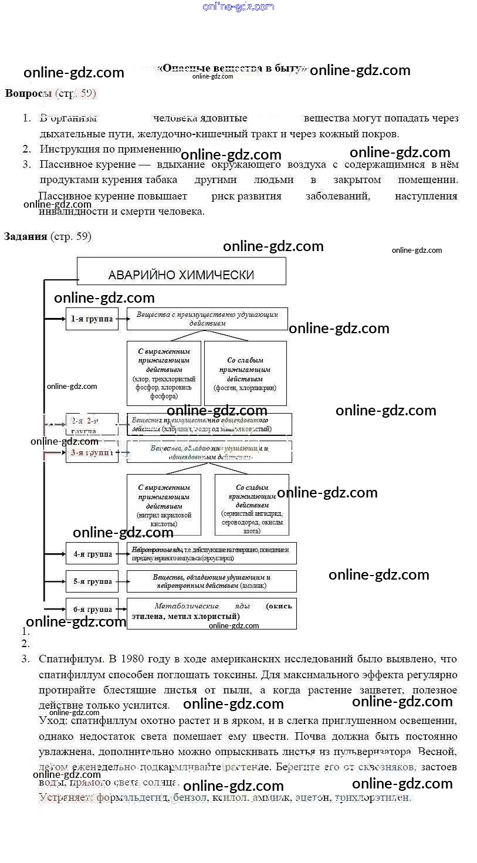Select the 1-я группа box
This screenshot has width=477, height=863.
coord(92,319)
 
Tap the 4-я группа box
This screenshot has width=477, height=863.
coord(92,554)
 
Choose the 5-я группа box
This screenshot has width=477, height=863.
coord(92,581)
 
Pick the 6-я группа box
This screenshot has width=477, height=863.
coord(92,610)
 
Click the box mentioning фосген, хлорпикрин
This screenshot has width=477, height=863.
coord(245,373)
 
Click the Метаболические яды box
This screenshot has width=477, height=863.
coord(211,612)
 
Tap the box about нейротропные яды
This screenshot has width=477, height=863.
coord(211,553)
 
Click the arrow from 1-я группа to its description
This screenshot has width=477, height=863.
coord(123,319)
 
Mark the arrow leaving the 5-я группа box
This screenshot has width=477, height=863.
coord(123,581)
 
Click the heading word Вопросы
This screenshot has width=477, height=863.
coord(28,93)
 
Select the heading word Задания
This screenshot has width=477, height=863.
coord(25,236)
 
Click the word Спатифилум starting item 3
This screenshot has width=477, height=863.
coord(72,659)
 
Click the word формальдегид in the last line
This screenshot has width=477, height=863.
coord(130,798)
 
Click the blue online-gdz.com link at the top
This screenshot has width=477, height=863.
coord(238,6)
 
